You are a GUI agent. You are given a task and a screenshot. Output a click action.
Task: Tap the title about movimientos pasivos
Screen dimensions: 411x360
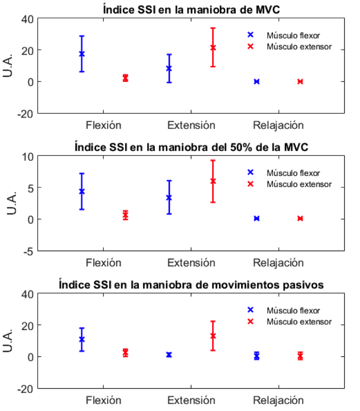click(191, 285)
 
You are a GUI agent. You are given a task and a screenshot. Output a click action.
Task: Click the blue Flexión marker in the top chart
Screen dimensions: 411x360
click(82, 54)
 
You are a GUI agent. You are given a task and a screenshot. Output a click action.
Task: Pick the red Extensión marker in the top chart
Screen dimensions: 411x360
click(213, 47)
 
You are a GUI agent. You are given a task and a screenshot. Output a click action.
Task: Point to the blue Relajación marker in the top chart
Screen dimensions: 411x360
click(257, 81)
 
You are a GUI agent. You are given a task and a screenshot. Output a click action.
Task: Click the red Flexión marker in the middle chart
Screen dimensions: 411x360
click(126, 215)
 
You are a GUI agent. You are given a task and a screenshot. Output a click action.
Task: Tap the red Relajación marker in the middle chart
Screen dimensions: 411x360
click(300, 219)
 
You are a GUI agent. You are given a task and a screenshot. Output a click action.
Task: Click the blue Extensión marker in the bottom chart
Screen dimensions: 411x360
click(169, 355)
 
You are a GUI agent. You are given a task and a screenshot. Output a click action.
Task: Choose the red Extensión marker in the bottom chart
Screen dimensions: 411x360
click(213, 336)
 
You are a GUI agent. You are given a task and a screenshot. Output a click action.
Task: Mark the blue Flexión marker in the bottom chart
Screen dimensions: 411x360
click(82, 339)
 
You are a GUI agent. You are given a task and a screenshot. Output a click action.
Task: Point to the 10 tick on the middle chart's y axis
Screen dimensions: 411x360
click(28, 156)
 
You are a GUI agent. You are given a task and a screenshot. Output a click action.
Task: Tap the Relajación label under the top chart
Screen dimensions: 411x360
click(278, 125)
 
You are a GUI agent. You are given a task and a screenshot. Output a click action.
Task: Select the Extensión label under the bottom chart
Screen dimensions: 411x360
click(191, 400)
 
